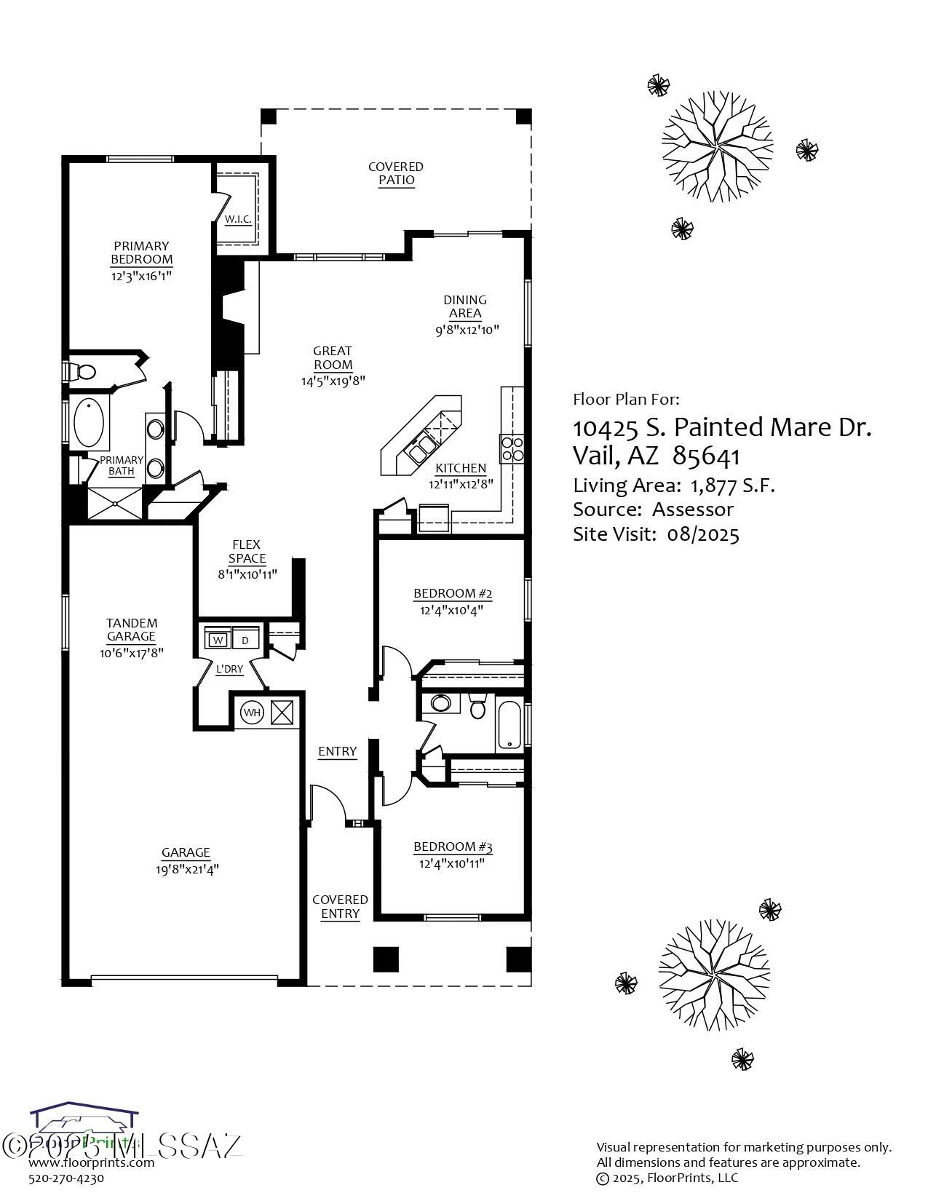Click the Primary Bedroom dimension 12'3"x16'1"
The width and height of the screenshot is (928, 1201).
pos(142,276)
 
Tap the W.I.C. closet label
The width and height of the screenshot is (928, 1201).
pos(238,219)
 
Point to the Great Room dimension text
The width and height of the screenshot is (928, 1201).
pos(333,381)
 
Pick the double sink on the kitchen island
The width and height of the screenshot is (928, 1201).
pos(421,448)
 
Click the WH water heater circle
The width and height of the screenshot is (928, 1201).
pos(252,713)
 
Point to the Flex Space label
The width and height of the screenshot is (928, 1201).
pos(247,552)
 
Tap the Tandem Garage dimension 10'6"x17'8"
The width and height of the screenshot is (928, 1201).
pos(132,653)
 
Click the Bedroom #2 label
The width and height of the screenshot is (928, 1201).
pos(453,593)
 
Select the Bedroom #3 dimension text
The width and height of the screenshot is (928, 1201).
pos(452,864)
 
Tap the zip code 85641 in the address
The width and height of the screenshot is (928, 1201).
pos(706,456)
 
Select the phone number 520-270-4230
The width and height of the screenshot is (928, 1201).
pos(66,1178)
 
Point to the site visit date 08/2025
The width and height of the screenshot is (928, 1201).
pos(702,535)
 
